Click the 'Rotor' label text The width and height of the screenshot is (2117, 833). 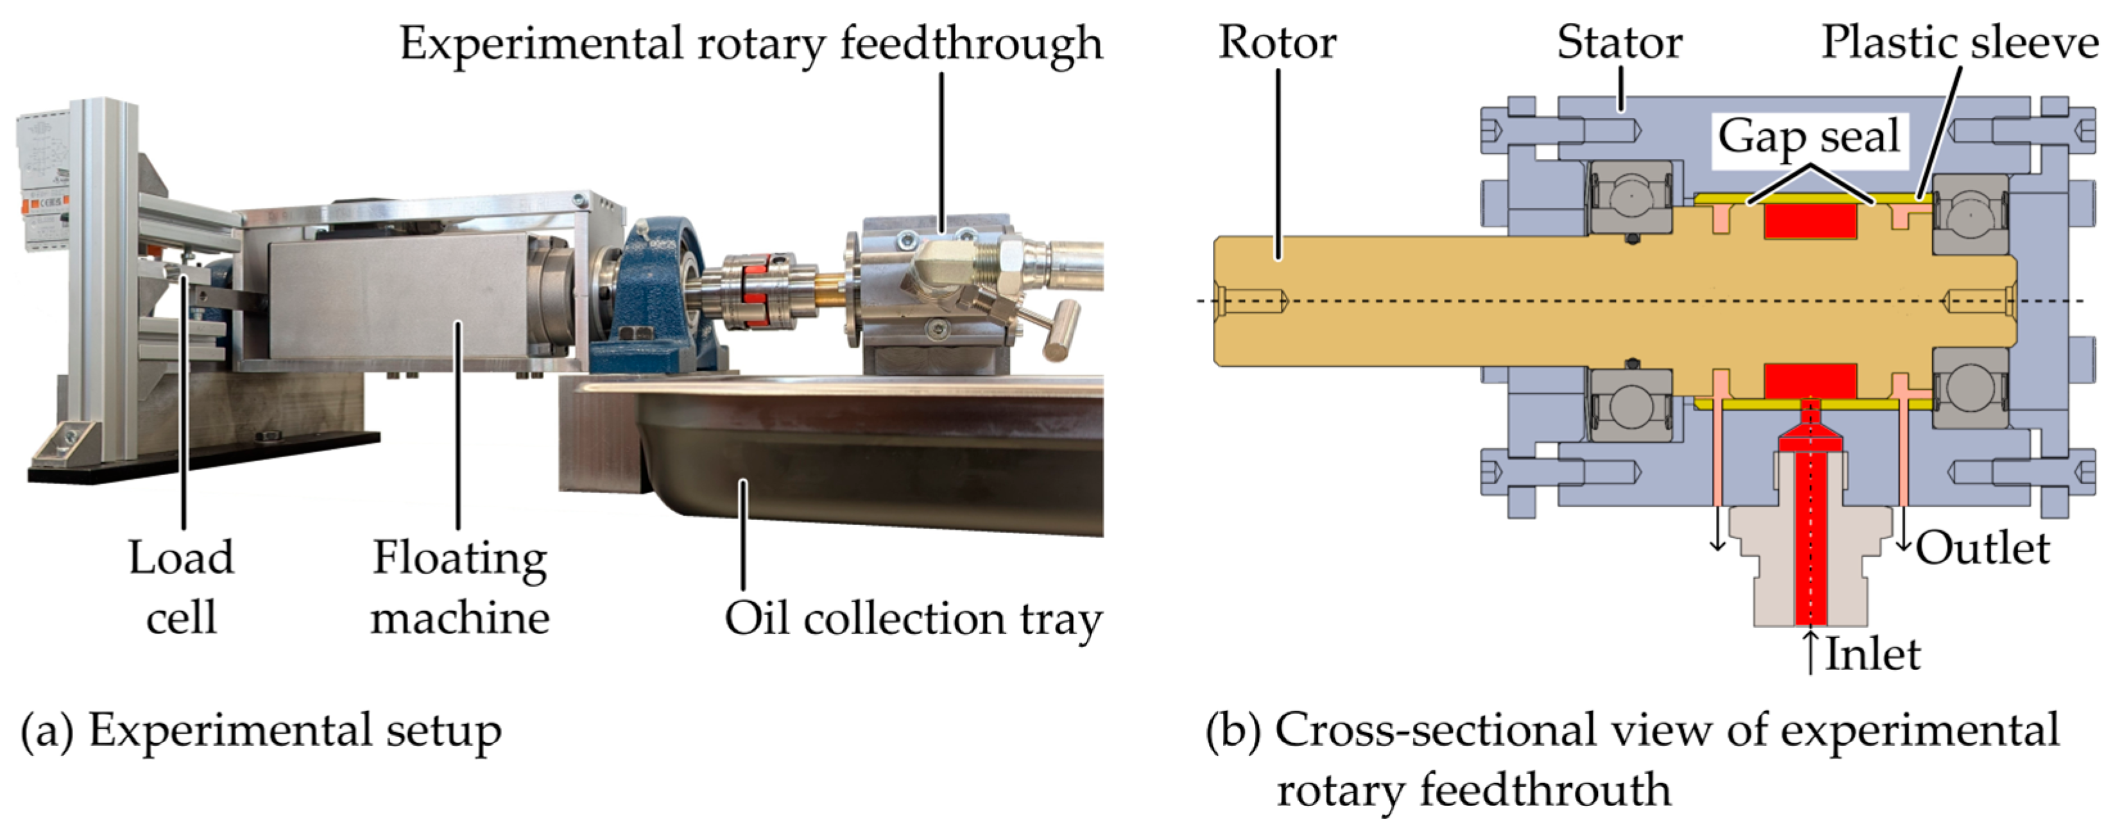[x=1277, y=43]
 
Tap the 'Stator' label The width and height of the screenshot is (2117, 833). [x=1620, y=43]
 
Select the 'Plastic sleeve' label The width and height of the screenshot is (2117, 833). [x=1960, y=43]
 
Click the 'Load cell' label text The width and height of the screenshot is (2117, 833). [x=182, y=587]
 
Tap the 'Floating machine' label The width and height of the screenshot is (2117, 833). [x=459, y=587]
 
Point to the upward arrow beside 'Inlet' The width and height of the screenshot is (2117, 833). [x=1810, y=652]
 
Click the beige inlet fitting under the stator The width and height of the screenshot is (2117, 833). [x=1810, y=567]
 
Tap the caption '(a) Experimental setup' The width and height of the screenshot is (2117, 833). [x=261, y=731]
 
